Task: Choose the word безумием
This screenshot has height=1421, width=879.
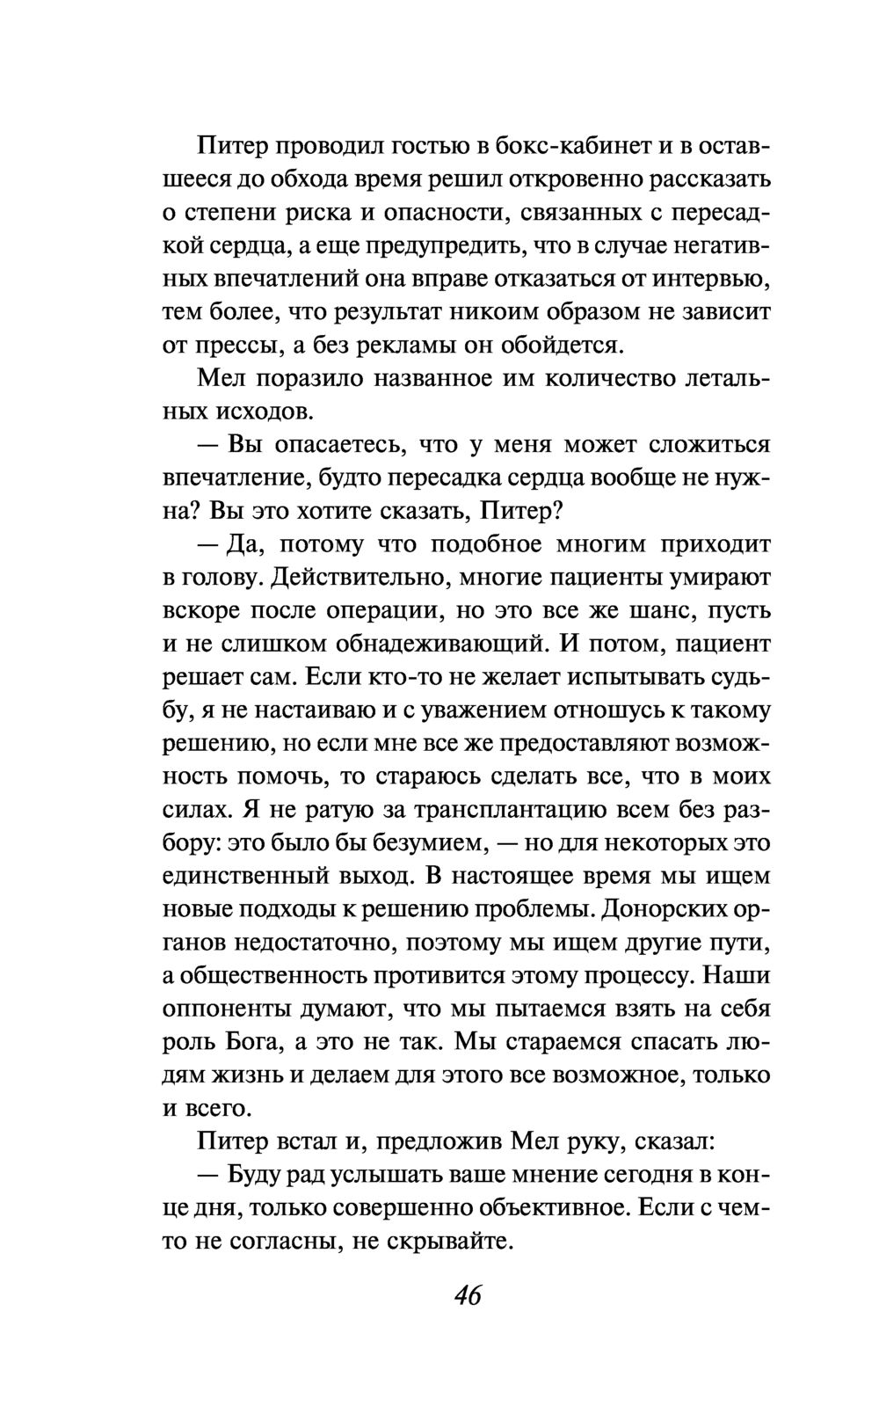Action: click(418, 842)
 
